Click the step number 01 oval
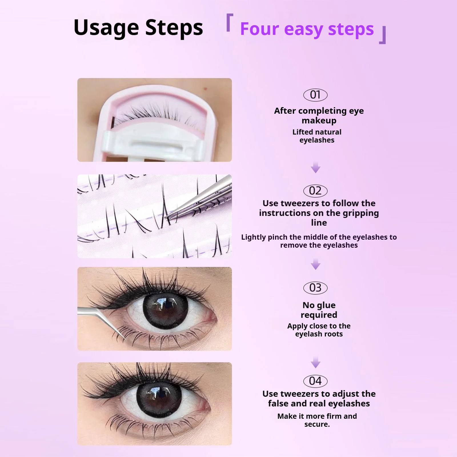[x=315, y=95]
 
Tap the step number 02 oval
[x=315, y=191]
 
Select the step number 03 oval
[x=315, y=288]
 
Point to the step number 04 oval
[x=315, y=381]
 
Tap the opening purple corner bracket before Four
[x=229, y=23]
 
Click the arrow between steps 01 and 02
[x=315, y=167]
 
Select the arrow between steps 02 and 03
[x=315, y=264]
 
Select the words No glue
[x=319, y=305]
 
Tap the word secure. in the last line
[x=317, y=424]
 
